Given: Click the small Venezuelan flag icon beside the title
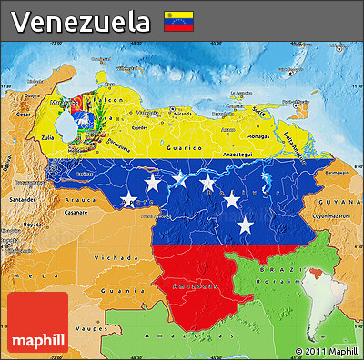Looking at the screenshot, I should (177, 21).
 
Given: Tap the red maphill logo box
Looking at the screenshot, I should (36, 323).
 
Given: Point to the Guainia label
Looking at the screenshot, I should (110, 290).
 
